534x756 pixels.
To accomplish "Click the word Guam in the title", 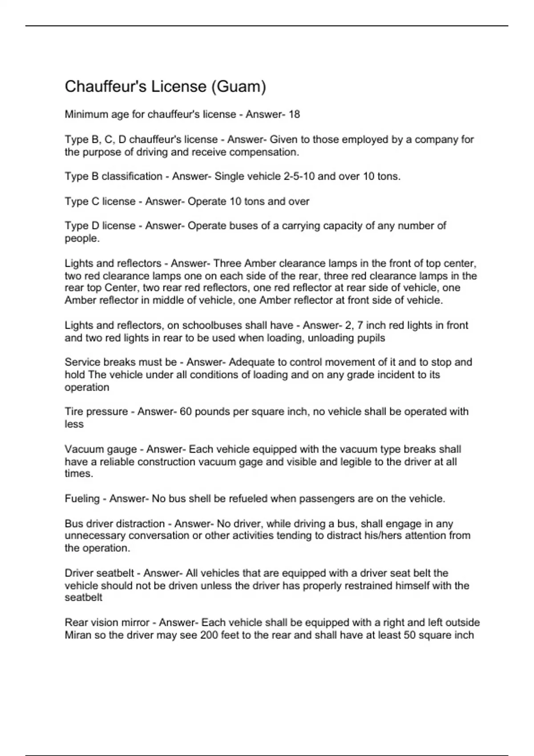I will click(238, 86).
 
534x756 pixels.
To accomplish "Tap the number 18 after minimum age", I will click(294, 114).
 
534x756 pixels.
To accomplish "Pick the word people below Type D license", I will click(81, 238).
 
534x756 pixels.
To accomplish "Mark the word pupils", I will click(371, 338).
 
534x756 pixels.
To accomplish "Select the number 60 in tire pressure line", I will click(186, 412).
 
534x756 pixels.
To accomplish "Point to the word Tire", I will click(74, 412).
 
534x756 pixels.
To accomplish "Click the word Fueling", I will click(82, 499).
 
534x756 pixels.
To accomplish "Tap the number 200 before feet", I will click(209, 635).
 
